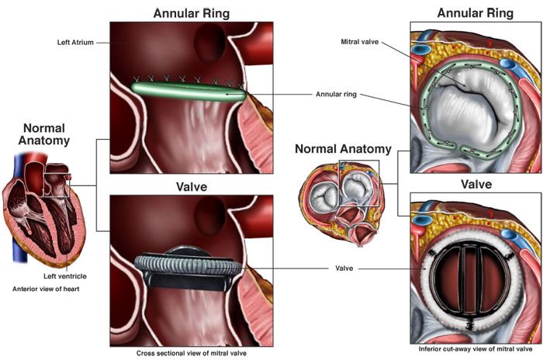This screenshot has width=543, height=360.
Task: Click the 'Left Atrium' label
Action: tap(75, 42)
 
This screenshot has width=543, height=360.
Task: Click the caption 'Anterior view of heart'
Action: tap(46, 289)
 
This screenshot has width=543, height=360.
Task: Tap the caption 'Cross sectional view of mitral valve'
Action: tap(190, 351)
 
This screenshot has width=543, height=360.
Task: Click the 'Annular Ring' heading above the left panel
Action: tap(191, 12)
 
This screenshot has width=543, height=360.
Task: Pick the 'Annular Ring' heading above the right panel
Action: tap(475, 12)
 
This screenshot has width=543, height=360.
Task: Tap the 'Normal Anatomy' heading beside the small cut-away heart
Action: tap(342, 149)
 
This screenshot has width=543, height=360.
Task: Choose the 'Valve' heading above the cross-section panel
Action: tap(191, 186)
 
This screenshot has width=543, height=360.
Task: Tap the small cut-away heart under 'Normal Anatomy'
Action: tap(340, 201)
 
